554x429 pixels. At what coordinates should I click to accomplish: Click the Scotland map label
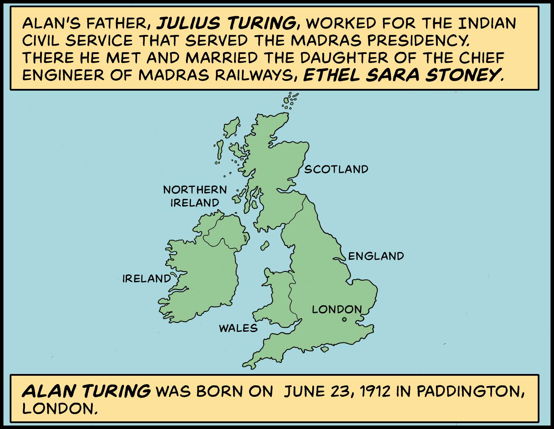pos(336,169)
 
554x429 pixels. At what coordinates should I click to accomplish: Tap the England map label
pos(376,256)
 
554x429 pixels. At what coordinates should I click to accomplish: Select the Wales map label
pos(238,328)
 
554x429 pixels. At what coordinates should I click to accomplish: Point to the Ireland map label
pos(147,279)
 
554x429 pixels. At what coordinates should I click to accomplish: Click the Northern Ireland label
pos(195,196)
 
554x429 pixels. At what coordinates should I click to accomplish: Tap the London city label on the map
pos(337,309)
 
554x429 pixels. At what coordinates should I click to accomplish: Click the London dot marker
pos(344,320)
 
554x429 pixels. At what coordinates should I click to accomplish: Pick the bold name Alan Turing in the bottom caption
pos(86,391)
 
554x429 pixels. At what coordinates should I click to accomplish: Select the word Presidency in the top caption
pos(419,40)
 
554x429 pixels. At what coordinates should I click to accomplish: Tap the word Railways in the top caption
pos(252,75)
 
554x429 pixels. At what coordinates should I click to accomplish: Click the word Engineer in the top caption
pos(63,75)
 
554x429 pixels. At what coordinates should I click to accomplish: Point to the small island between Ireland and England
pos(265,246)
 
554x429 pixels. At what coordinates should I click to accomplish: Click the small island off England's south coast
pos(324,349)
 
